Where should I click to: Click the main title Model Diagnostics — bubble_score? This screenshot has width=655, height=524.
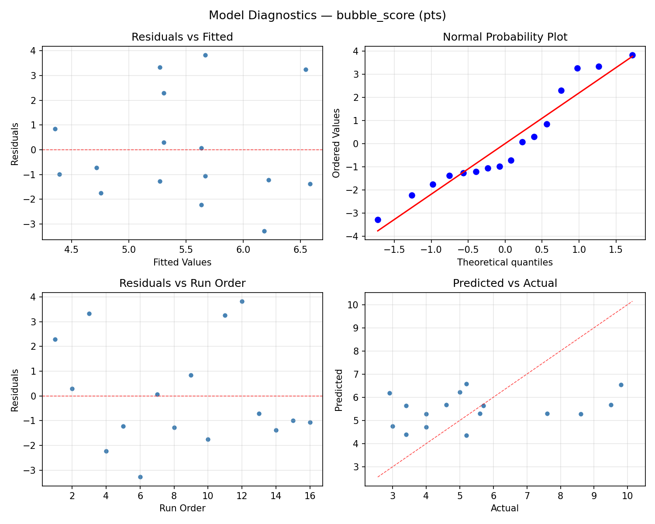pyautogui.click(x=327, y=15)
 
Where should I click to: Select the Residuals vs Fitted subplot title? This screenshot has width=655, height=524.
pyautogui.click(x=182, y=37)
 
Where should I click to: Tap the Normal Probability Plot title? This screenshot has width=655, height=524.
pyautogui.click(x=505, y=37)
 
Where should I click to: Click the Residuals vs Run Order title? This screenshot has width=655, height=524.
pyautogui.click(x=182, y=283)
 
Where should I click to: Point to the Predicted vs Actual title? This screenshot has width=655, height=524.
pyautogui.click(x=505, y=283)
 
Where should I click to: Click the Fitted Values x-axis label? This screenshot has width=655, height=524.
pyautogui.click(x=182, y=262)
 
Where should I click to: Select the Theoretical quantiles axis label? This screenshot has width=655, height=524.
pyautogui.click(x=505, y=262)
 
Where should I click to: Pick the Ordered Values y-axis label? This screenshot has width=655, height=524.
pyautogui.click(x=336, y=143)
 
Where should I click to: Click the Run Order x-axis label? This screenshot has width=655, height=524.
pyautogui.click(x=182, y=508)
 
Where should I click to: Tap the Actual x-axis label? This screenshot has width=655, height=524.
pyautogui.click(x=505, y=508)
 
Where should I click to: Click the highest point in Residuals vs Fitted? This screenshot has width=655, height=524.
pyautogui.click(x=205, y=55)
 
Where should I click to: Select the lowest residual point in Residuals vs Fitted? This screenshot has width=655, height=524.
pyautogui.click(x=264, y=231)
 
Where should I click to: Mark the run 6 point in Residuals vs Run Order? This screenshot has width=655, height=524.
pyautogui.click(x=140, y=477)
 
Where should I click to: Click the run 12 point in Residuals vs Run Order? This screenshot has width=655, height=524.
pyautogui.click(x=242, y=301)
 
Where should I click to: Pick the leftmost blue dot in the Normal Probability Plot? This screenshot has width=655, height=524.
pyautogui.click(x=378, y=220)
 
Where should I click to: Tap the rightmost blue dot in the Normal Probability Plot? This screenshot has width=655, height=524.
pyautogui.click(x=632, y=55)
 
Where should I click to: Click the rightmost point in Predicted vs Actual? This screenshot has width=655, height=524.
pyautogui.click(x=621, y=385)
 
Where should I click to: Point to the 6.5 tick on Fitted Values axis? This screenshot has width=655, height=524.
pyautogui.click(x=300, y=250)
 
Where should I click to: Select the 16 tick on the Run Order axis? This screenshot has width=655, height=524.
pyautogui.click(x=310, y=496)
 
